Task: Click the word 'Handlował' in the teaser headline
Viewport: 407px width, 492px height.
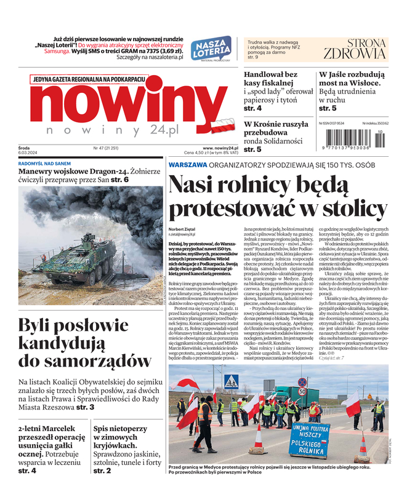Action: pyautogui.click(x=265, y=74)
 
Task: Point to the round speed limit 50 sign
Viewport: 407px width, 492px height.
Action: pyautogui.click(x=302, y=391)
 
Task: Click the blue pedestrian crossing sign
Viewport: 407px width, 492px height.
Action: pyautogui.click(x=231, y=381)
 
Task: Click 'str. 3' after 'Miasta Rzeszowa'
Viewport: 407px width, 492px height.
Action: pyautogui.click(x=83, y=407)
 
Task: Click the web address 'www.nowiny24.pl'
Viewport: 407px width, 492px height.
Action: pyautogui.click(x=220, y=148)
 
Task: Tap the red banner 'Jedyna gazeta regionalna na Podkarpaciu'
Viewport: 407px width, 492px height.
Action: pyautogui.click(x=89, y=80)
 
